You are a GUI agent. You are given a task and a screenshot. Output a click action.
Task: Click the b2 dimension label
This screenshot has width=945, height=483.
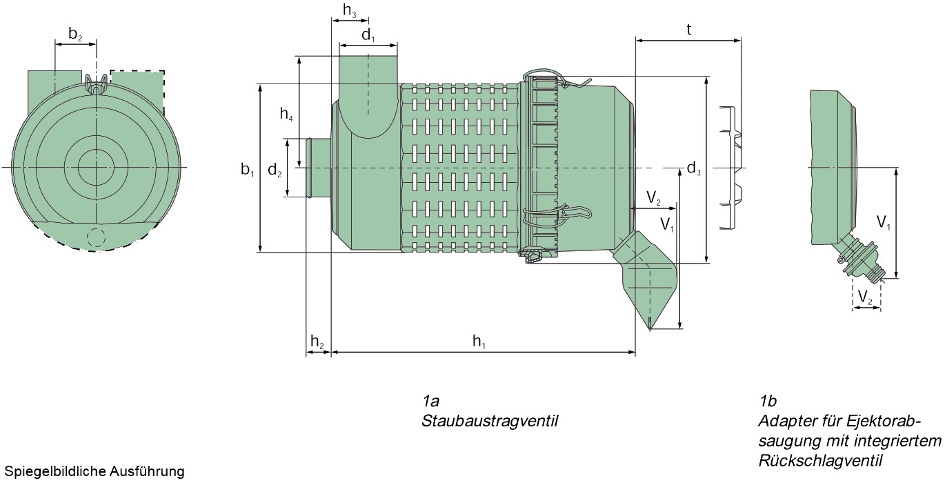click(75, 34)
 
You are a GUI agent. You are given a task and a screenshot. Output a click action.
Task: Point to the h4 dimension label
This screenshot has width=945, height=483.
click(286, 115)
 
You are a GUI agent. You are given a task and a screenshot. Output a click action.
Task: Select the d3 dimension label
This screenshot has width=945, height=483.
click(693, 168)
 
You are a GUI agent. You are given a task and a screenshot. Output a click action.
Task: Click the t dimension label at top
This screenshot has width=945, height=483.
click(689, 29)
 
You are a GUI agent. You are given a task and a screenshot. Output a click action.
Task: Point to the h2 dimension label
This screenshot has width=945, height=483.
click(317, 340)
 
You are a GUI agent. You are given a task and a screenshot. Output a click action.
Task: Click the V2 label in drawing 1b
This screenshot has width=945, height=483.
click(866, 297)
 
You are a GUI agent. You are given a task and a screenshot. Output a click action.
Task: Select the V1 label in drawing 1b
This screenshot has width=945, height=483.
click(884, 222)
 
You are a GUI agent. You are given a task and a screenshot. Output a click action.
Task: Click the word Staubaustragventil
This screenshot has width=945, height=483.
click(489, 420)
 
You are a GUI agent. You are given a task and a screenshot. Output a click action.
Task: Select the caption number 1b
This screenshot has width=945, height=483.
click(768, 401)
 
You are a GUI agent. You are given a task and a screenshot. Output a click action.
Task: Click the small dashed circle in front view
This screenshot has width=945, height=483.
click(96, 237)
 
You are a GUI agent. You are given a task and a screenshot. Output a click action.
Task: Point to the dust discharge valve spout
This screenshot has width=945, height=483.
click(648, 283)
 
